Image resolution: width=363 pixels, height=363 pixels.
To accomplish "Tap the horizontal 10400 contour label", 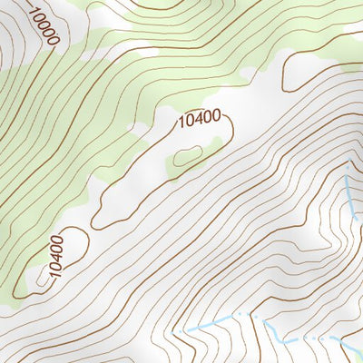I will coord(199,119).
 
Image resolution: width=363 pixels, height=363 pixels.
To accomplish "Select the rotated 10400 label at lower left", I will coord(56,255).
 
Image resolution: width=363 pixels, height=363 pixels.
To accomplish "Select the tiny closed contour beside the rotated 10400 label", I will coord(42,280).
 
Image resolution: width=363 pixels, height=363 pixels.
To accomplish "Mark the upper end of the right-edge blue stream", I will coord(347,167).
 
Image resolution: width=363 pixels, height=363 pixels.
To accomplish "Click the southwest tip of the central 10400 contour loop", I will coord(96,223).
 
